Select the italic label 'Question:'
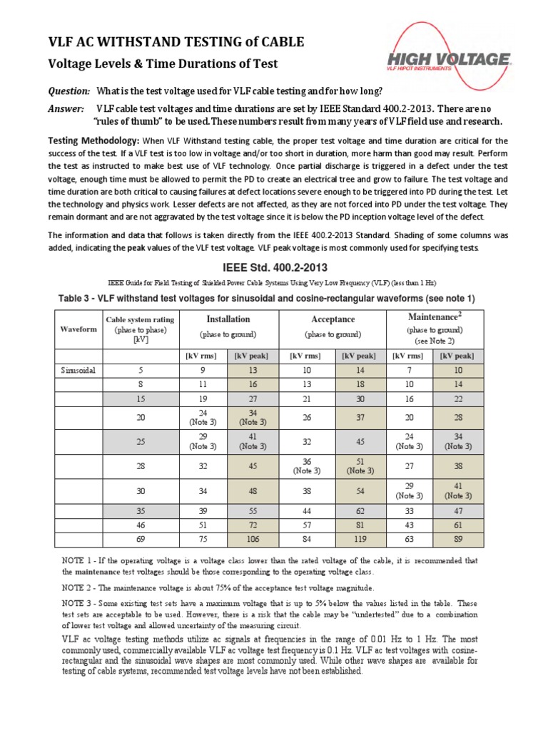pyautogui.click(x=68, y=91)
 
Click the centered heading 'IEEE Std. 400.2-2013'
pyautogui.click(x=274, y=267)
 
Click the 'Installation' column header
pyautogui.click(x=228, y=319)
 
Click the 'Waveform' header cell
pyautogui.click(x=78, y=329)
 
